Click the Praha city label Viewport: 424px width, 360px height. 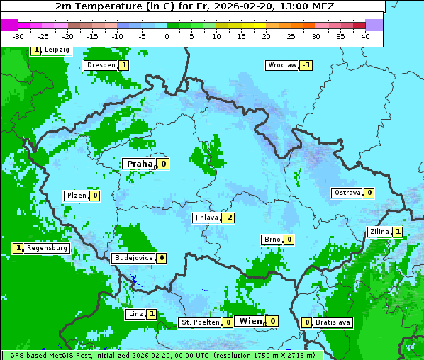tap(139, 164)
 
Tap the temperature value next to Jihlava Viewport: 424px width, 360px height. tap(228, 218)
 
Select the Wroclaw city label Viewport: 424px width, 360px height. tap(281, 65)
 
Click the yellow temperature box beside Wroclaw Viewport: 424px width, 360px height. tap(306, 65)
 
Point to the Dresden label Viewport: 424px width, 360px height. tap(101, 65)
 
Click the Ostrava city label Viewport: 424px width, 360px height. tap(347, 193)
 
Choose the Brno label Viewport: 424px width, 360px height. tap(272, 240)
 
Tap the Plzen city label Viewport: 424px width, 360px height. tap(76, 196)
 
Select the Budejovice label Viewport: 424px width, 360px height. tap(133, 258)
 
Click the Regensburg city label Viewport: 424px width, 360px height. tap(47, 248)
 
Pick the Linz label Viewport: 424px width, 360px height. tap(135, 314)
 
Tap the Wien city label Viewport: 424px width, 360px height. tap(250, 321)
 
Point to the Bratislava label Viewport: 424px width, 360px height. tap(333, 322)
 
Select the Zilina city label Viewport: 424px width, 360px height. tap(380, 232)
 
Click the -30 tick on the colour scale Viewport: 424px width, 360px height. tap(18, 35)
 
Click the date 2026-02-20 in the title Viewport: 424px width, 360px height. tap(262, 6)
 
